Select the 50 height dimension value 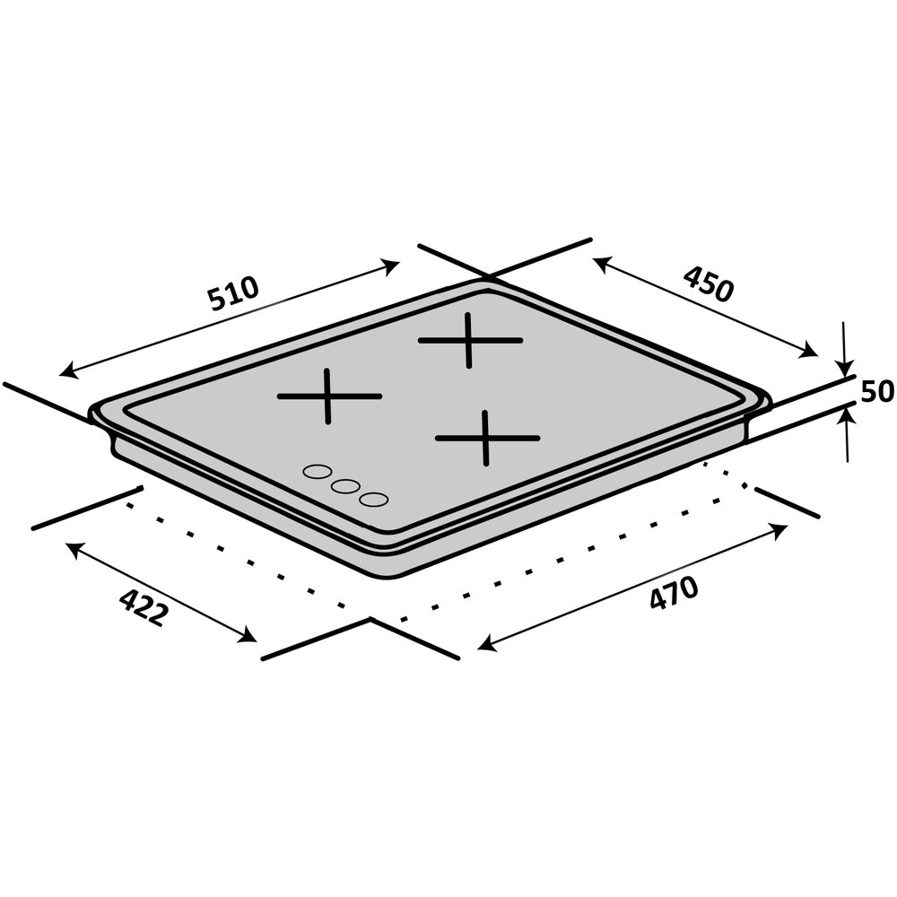coord(877,391)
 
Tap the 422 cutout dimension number coord(144,607)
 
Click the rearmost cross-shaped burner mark coord(469,340)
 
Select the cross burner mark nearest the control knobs coord(329,396)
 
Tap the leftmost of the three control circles coord(315,470)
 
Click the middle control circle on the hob coord(344,485)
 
